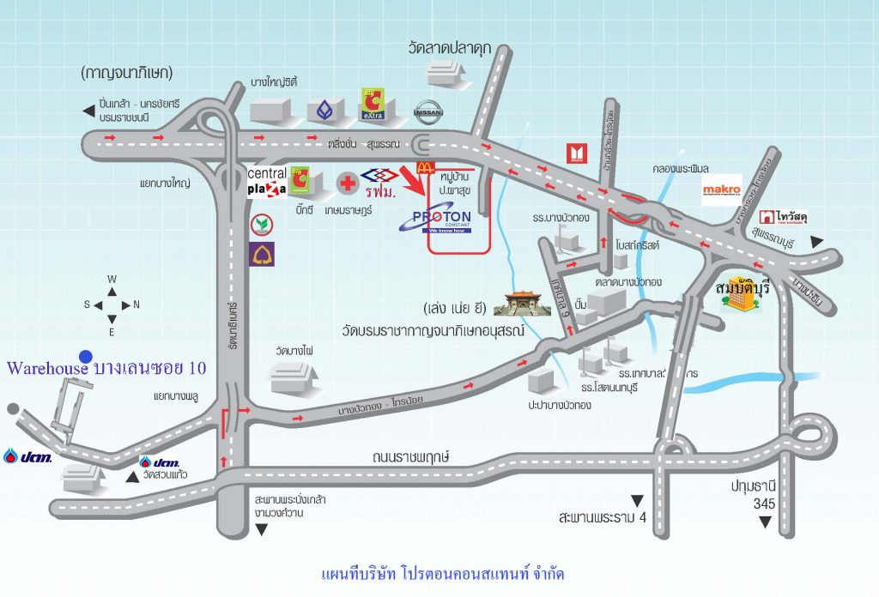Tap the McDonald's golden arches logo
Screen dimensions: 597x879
tap(421, 168)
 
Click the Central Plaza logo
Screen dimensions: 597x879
tap(266, 182)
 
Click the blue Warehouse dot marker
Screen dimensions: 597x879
tap(85, 356)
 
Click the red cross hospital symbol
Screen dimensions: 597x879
tap(347, 183)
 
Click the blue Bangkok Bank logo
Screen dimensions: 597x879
tap(324, 110)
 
